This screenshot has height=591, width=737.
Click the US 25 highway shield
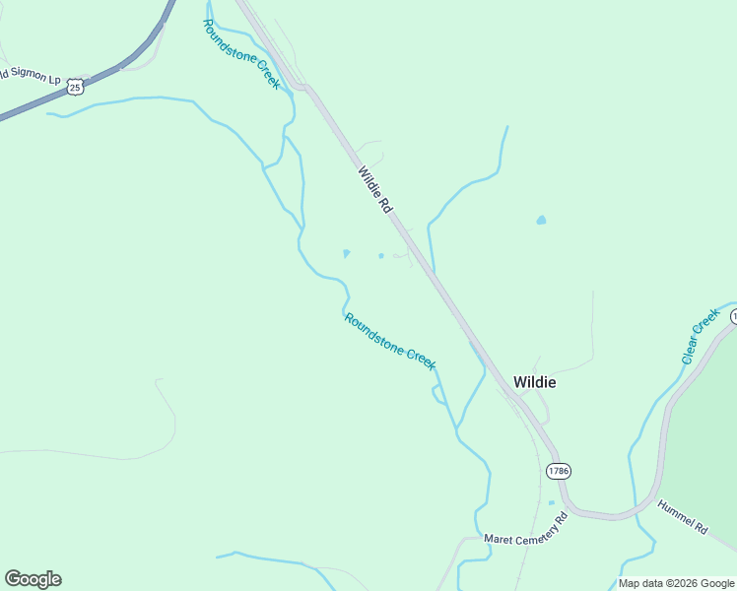75,88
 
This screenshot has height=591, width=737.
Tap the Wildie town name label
534,382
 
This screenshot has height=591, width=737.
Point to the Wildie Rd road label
375,190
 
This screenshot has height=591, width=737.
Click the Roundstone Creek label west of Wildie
389,341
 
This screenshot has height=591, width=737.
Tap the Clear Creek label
701,337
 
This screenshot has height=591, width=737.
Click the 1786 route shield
559,471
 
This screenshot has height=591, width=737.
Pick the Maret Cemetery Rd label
526,528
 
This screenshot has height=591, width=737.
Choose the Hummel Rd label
684,515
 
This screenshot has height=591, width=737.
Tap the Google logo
33,579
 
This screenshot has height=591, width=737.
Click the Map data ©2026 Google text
676,583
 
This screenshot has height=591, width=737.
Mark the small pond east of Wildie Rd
541,220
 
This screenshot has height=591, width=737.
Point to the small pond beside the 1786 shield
551,503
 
